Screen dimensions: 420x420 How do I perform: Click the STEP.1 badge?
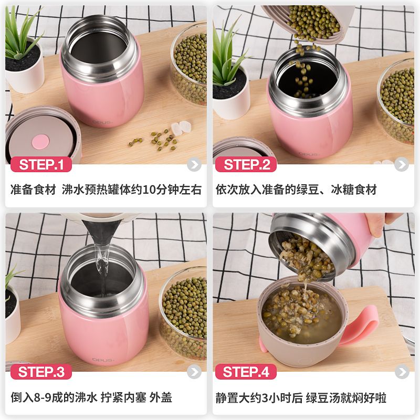(41, 164)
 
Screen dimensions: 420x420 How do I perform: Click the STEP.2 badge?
(246, 164)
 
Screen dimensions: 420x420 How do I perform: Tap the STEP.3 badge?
(41, 372)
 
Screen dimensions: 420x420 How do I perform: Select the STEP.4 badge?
(246, 372)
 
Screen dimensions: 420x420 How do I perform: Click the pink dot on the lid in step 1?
(41, 142)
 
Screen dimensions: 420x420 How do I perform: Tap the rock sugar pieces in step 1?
(181, 128)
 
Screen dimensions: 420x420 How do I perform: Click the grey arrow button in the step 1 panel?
(194, 164)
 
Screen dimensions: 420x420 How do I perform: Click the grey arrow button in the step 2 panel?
(402, 164)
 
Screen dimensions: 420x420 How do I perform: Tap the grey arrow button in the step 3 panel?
(194, 372)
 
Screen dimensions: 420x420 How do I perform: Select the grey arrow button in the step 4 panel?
(402, 372)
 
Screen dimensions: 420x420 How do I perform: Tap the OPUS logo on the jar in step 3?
(103, 360)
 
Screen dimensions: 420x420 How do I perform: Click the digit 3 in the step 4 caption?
(265, 398)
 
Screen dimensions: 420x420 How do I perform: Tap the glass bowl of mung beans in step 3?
(183, 313)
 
